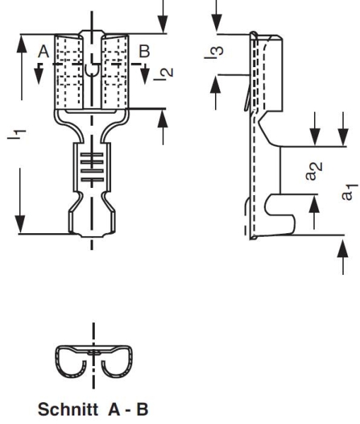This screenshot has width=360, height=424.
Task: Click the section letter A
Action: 42,52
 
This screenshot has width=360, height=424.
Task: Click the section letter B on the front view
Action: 144,51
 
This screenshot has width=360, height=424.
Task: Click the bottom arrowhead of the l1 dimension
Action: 24,226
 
